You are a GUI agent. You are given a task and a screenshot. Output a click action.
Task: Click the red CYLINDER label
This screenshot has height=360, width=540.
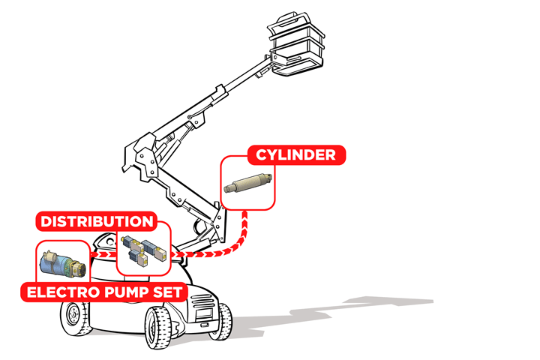point(296,155)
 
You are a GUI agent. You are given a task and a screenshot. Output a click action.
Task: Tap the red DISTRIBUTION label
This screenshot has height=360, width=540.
point(97,221)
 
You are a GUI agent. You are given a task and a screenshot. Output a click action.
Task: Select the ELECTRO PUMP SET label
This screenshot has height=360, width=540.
point(104,292)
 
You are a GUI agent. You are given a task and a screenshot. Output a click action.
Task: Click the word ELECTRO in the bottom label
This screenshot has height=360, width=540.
point(63,292)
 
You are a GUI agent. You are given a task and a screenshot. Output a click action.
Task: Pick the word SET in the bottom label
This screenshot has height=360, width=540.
point(167,292)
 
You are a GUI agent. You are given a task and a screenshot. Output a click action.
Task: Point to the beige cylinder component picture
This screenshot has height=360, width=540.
point(247,183)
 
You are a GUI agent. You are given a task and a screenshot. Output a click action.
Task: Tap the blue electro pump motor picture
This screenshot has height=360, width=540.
point(63,264)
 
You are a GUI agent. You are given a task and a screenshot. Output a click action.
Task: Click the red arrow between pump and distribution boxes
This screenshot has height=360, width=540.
point(103,254)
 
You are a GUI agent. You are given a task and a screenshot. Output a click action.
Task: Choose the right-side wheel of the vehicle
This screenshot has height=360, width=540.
point(221,321)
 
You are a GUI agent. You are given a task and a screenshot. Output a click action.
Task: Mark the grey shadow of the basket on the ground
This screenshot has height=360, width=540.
point(389,301)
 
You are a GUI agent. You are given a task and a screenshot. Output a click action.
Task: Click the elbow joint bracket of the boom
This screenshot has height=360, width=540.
point(142,157)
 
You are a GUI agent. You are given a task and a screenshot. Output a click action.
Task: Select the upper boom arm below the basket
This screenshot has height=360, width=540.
point(214,100)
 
